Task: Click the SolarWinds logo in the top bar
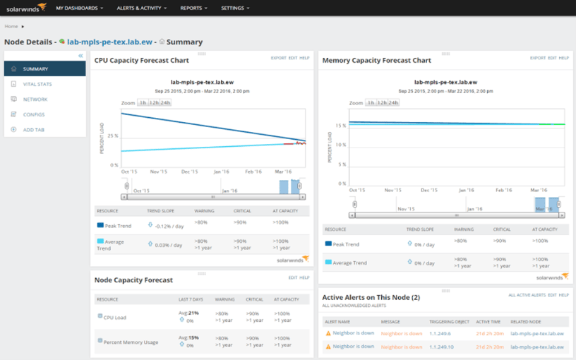pyautogui.click(x=25, y=8)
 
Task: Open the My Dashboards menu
pyautogui.click(x=79, y=8)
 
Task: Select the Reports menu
pyautogui.click(x=193, y=8)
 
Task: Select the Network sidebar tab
pyautogui.click(x=35, y=100)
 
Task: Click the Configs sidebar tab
pyautogui.click(x=33, y=114)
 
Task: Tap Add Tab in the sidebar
pyautogui.click(x=35, y=130)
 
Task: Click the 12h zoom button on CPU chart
pyautogui.click(x=154, y=102)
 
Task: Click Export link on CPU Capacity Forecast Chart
pyautogui.click(x=278, y=58)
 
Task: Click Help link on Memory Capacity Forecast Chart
pyautogui.click(x=564, y=58)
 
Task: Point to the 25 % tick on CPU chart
pyautogui.click(x=112, y=136)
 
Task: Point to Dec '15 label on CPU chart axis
pyautogui.click(x=190, y=172)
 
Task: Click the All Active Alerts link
pyautogui.click(x=527, y=294)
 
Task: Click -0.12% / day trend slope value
pyautogui.click(x=170, y=225)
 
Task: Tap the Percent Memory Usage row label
pyautogui.click(x=131, y=342)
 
